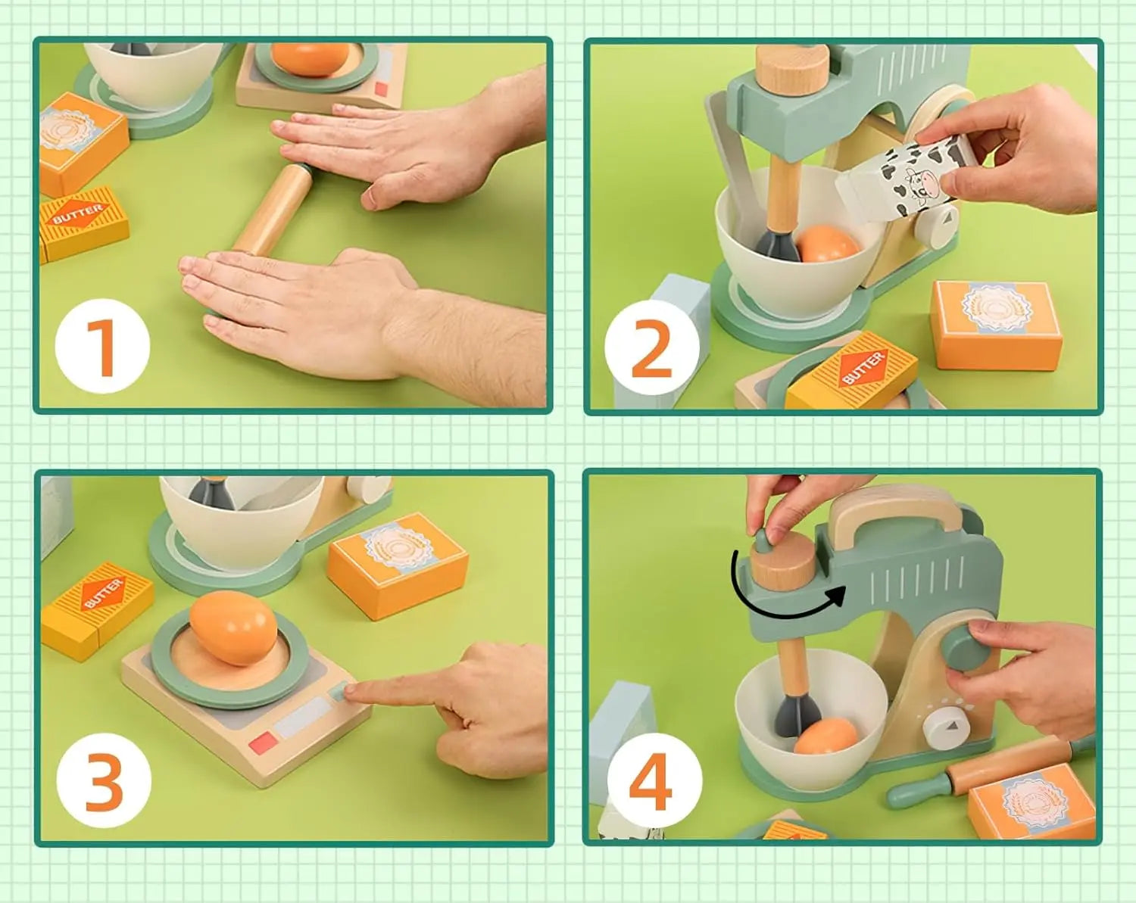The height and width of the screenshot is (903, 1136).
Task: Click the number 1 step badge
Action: pyautogui.click(x=102, y=347)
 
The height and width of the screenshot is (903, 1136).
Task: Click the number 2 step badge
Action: pyautogui.click(x=651, y=348)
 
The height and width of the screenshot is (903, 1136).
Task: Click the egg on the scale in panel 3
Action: pyautogui.click(x=233, y=627)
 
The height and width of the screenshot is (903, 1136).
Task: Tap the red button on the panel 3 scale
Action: pyautogui.click(x=263, y=743)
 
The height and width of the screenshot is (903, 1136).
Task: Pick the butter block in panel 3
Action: pyautogui.click(x=97, y=609)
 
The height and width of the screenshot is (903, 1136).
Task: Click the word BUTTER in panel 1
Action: pyautogui.click(x=77, y=214)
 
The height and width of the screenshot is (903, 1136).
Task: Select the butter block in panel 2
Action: pyautogui.click(x=852, y=373)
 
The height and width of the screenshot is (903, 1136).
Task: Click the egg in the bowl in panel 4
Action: pyautogui.click(x=825, y=736)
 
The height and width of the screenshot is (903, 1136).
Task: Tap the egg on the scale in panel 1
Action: pyautogui.click(x=311, y=59)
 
